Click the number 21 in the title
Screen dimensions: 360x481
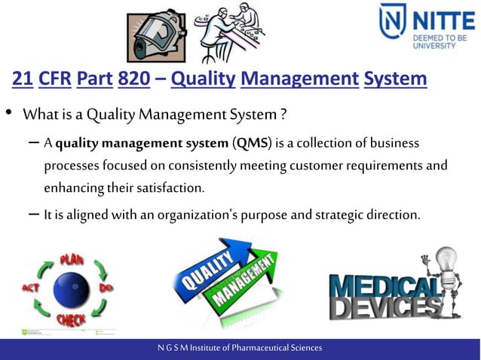(x=22, y=79)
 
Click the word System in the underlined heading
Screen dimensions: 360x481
(x=394, y=79)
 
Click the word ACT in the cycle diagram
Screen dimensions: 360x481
(x=30, y=288)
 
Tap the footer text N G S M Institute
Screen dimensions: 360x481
(x=240, y=348)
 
